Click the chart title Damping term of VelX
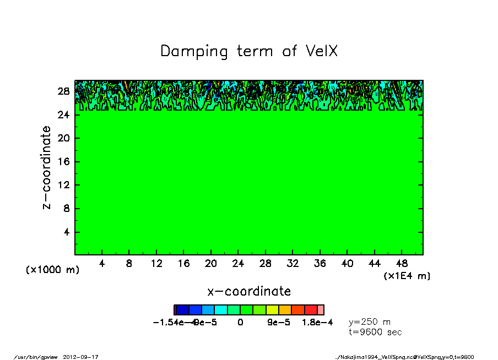pyautogui.click(x=248, y=51)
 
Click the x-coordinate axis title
pyautogui.click(x=248, y=291)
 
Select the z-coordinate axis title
pyautogui.click(x=47, y=167)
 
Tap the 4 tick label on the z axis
pyautogui.click(x=66, y=232)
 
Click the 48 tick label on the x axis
pyautogui.click(x=402, y=264)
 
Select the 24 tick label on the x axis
pyautogui.click(x=238, y=264)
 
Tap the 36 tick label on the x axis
pyautogui.click(x=320, y=264)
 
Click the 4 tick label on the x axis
pyautogui.click(x=102, y=264)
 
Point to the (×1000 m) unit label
pyautogui.click(x=52, y=270)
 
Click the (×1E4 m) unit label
pyautogui.click(x=407, y=276)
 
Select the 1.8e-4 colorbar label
pyautogui.click(x=317, y=323)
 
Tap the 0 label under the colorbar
pyautogui.click(x=240, y=323)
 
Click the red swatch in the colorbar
pyautogui.click(x=311, y=310)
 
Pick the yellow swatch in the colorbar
pyautogui.click(x=272, y=310)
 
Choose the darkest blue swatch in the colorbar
pyautogui.click(x=182, y=310)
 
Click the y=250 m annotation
pyautogui.click(x=370, y=322)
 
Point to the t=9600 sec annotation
pyautogui.click(x=375, y=332)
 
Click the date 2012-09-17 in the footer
pyautogui.click(x=85, y=357)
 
